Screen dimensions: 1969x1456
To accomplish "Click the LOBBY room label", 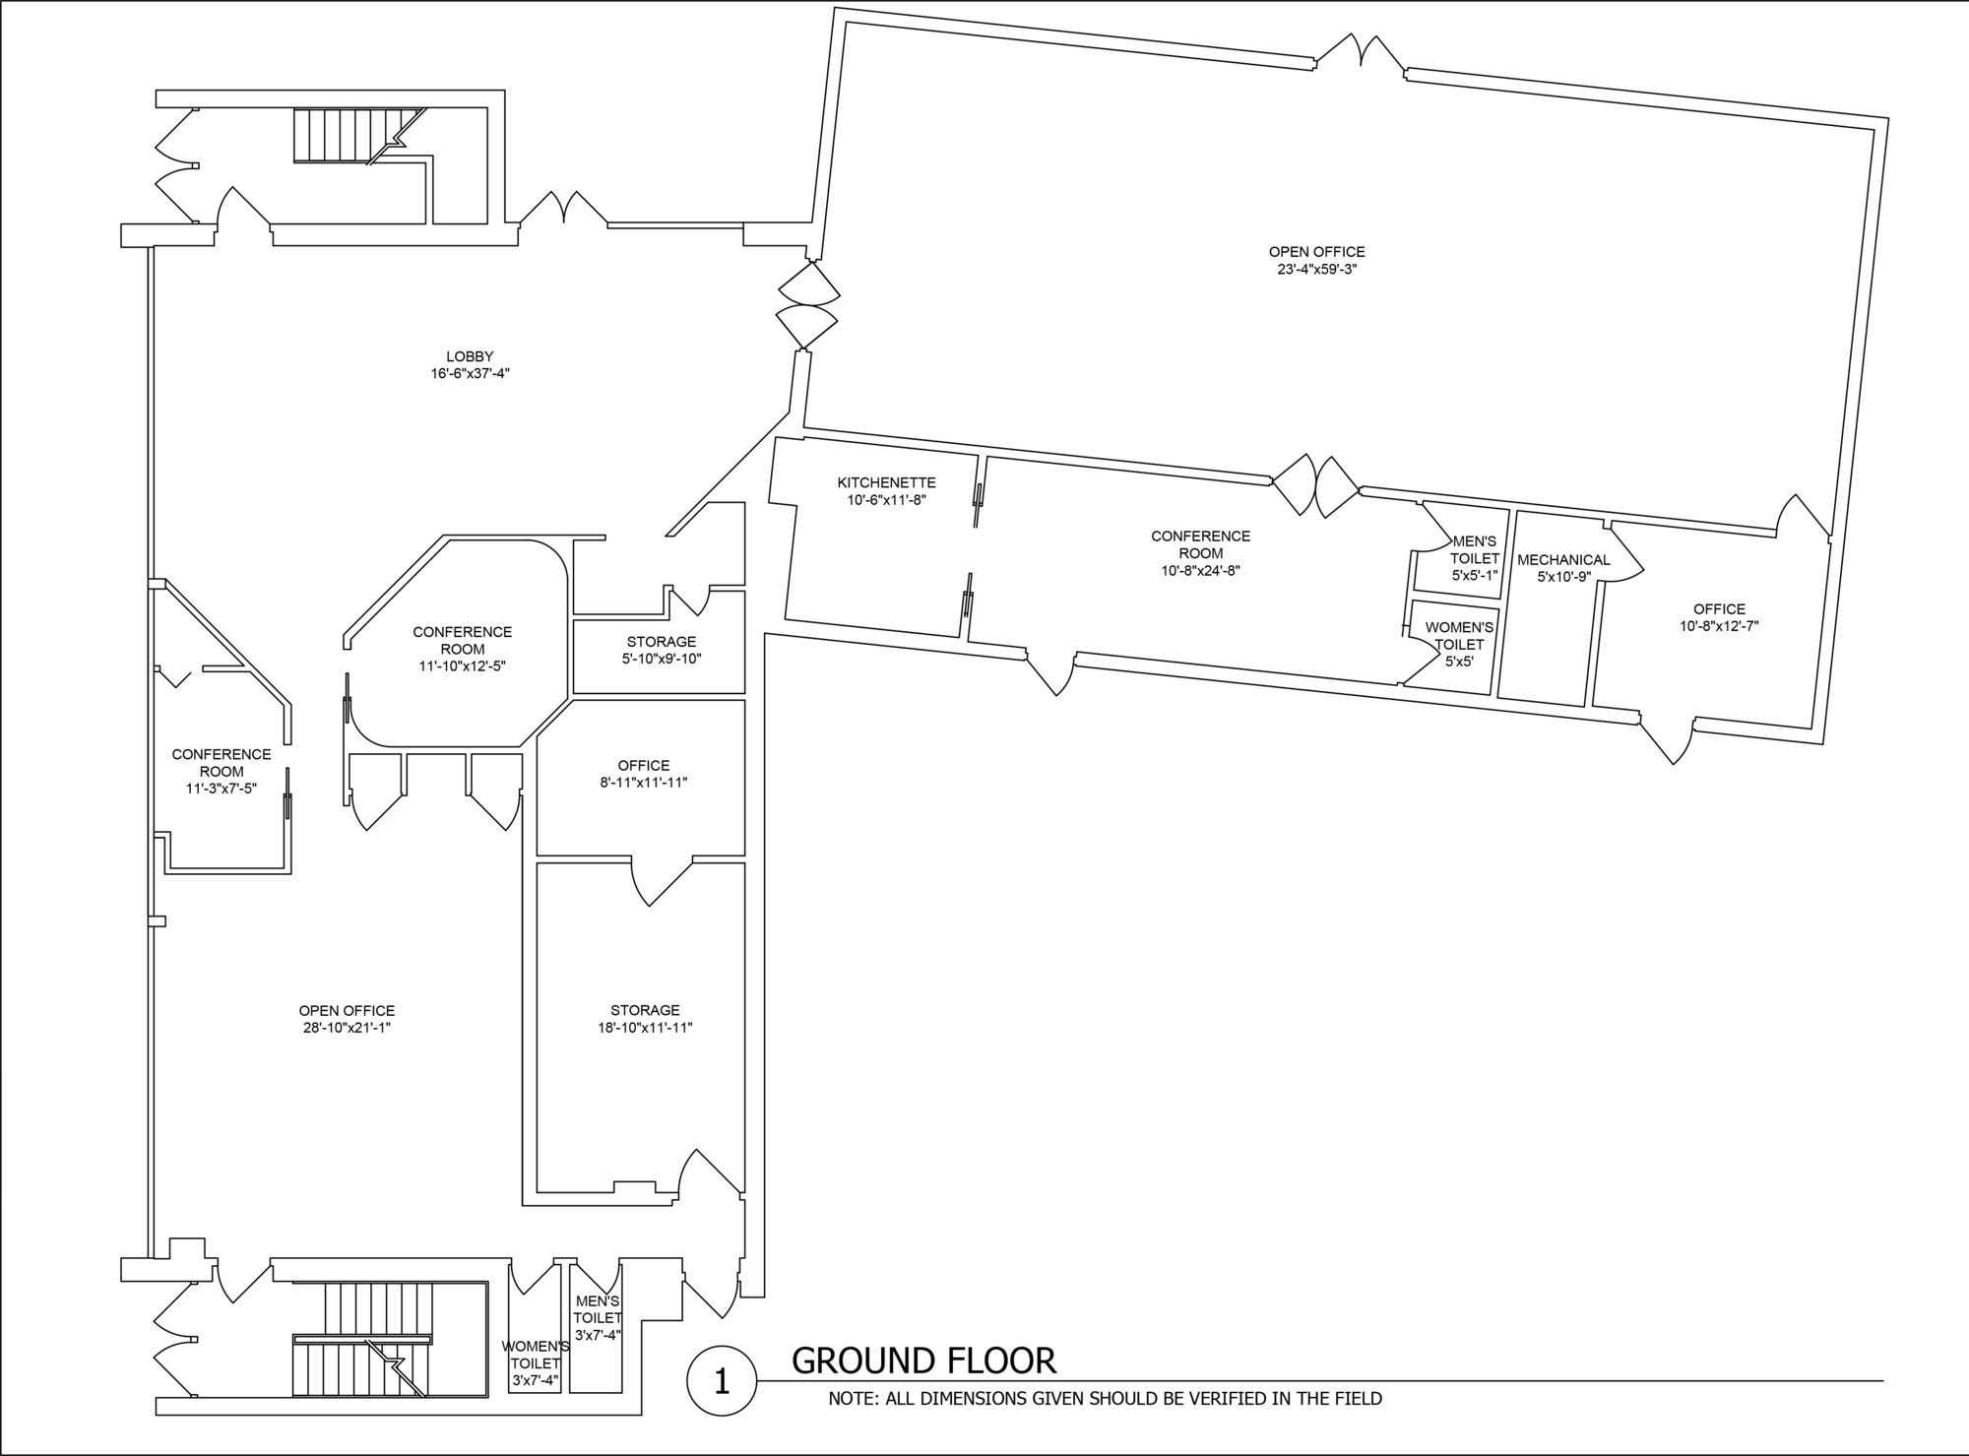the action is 470,356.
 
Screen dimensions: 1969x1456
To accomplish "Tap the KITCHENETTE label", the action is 886,482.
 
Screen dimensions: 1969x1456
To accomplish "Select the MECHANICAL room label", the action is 1563,560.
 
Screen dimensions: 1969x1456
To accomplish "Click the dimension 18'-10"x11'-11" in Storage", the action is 645,1027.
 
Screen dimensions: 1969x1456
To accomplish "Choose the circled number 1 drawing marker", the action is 722,1381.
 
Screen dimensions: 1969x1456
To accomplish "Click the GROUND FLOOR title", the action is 923,1360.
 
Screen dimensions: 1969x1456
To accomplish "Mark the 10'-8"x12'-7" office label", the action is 1719,617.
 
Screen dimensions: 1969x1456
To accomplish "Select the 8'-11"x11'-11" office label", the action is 644,774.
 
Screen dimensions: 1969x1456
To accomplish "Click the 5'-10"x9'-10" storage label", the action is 662,650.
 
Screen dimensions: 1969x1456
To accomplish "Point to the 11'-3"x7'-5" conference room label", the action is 222,771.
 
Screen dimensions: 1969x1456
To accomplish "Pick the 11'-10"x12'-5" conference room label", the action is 463,649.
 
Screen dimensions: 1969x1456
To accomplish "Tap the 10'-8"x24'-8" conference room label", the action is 1200,553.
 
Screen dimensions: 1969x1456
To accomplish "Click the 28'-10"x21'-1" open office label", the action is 347,1019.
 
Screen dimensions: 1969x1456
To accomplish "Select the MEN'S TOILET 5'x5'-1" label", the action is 1474,558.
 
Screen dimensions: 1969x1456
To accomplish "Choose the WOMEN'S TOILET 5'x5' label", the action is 1459,644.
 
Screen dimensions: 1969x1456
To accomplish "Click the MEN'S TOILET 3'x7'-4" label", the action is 598,1317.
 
